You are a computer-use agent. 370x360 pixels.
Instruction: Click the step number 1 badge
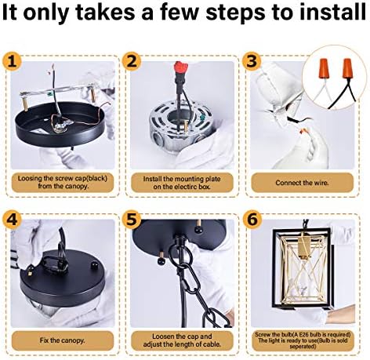point(12,62)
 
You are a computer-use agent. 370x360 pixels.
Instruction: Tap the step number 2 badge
point(132,62)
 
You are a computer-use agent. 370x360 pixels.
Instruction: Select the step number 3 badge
point(252,62)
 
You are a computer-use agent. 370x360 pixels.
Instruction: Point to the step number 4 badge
point(12,220)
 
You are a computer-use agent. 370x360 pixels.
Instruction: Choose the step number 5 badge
point(132,220)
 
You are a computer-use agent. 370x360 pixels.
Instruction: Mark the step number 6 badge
point(252,220)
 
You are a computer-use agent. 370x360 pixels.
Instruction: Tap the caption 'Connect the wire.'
point(302,183)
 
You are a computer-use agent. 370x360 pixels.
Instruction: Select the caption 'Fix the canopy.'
point(63,340)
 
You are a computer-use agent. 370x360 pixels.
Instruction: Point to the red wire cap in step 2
point(182,67)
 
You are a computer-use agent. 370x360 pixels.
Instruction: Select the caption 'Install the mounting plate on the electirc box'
point(182,183)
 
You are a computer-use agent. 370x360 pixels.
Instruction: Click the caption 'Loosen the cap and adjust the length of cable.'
point(182,340)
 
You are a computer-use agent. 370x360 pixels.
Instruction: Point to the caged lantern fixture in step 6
point(303,267)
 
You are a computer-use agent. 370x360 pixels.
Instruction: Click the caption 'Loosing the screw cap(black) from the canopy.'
point(63,182)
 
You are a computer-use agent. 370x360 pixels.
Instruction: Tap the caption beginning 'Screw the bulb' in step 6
point(303,340)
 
